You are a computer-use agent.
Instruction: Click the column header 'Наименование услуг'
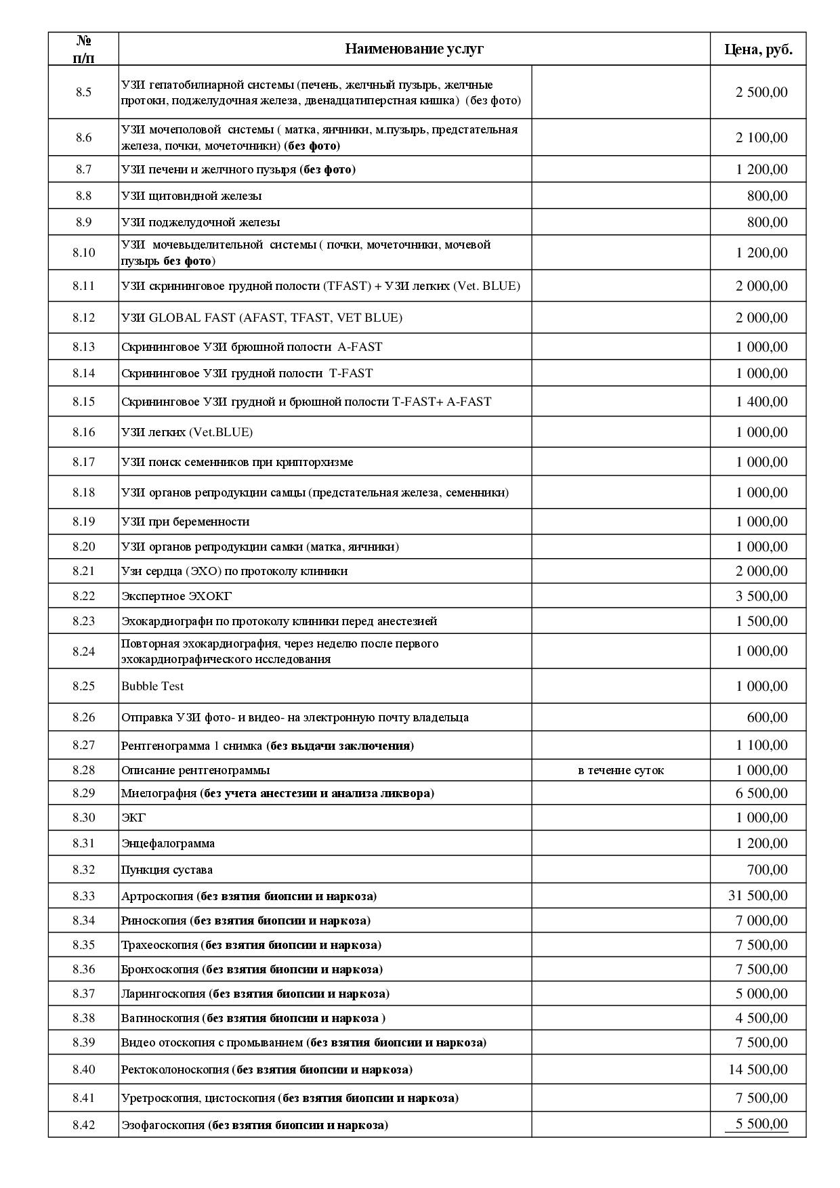pyautogui.click(x=414, y=49)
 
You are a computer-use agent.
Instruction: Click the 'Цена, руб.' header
pyautogui.click(x=758, y=49)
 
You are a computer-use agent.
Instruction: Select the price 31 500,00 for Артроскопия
pyautogui.click(x=758, y=895)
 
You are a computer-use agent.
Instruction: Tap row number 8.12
pyautogui.click(x=83, y=317)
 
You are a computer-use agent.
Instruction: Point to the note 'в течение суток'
pyautogui.click(x=621, y=770)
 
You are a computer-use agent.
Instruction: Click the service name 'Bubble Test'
pyautogui.click(x=152, y=686)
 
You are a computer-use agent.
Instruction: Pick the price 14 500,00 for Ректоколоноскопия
pyautogui.click(x=758, y=1069)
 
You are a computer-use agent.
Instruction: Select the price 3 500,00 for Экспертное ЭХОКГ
pyautogui.click(x=761, y=596)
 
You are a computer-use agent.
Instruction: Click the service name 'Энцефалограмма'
pyautogui.click(x=168, y=843)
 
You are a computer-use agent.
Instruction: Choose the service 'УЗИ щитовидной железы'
pyautogui.click(x=191, y=196)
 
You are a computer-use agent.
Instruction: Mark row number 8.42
pyautogui.click(x=83, y=1125)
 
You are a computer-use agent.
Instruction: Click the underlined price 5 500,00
pyautogui.click(x=761, y=1124)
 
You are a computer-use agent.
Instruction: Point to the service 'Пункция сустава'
pyautogui.click(x=167, y=870)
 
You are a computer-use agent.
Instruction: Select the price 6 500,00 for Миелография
pyautogui.click(x=761, y=793)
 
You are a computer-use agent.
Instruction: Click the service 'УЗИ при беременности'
pyautogui.click(x=185, y=522)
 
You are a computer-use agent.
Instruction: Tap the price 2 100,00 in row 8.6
pyautogui.click(x=761, y=137)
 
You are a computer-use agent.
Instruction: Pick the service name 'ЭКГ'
pyautogui.click(x=133, y=818)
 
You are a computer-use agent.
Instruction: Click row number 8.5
pyautogui.click(x=83, y=92)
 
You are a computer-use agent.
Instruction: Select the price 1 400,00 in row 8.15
pyautogui.click(x=761, y=402)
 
